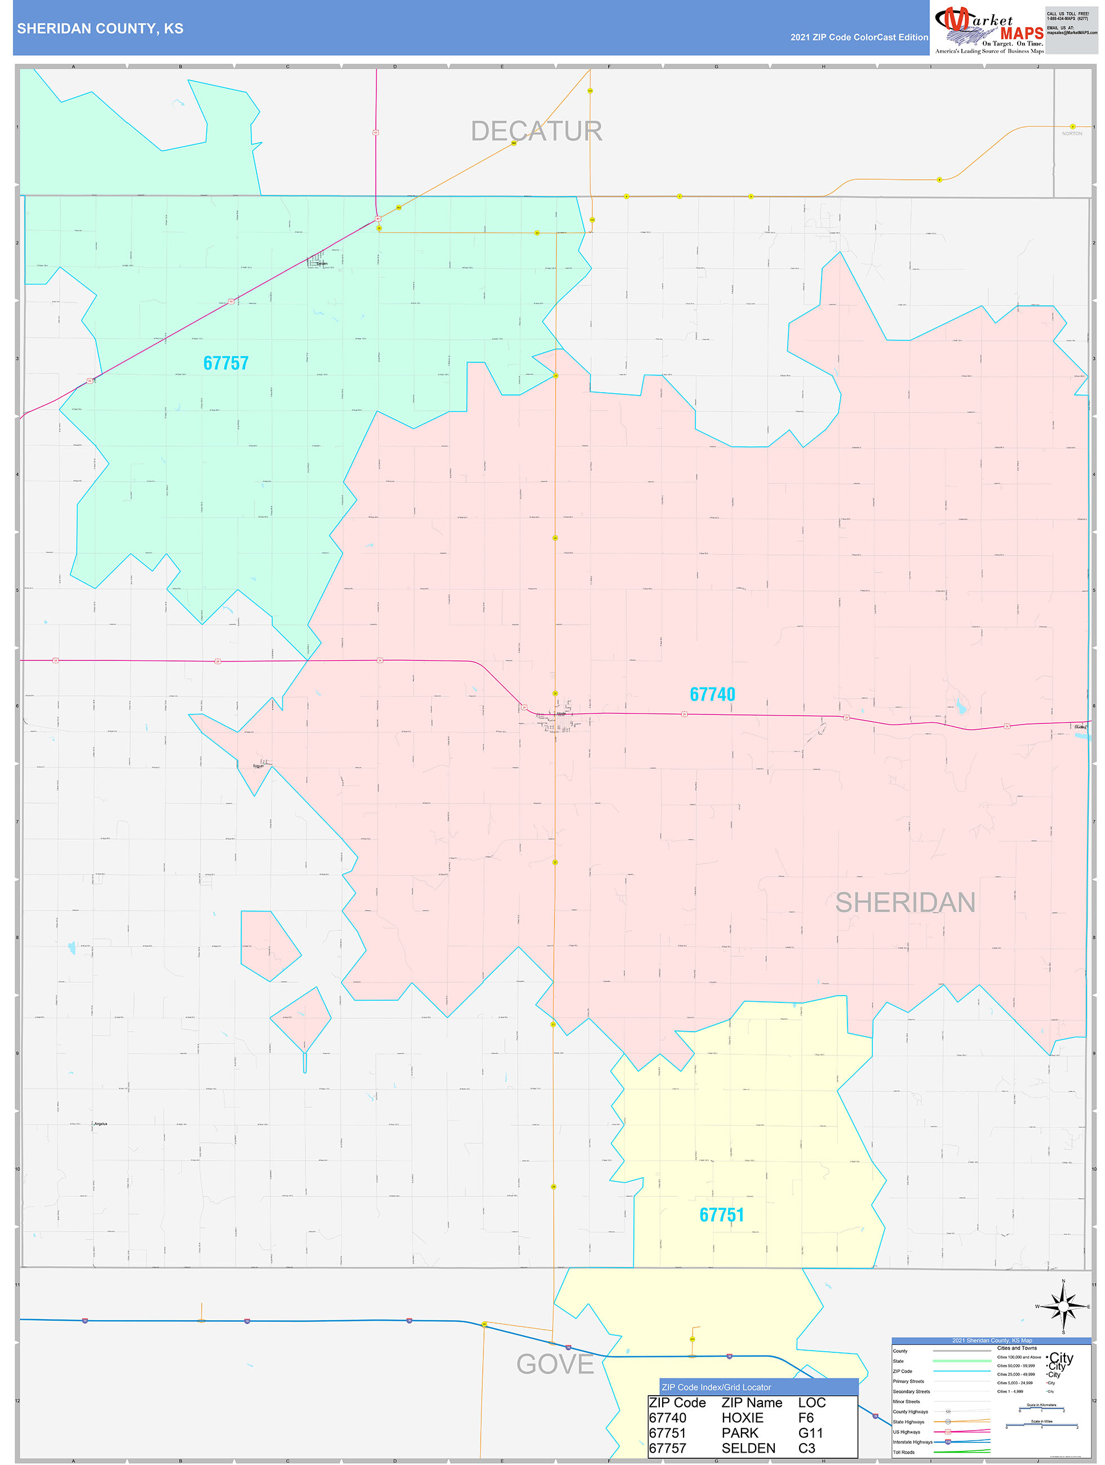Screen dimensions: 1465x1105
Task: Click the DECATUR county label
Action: click(x=536, y=131)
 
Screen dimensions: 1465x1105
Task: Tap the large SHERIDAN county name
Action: click(x=905, y=903)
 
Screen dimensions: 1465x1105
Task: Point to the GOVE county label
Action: click(x=554, y=1364)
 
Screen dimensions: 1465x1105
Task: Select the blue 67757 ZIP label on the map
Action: click(x=226, y=363)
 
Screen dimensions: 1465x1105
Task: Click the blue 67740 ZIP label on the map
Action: click(x=712, y=694)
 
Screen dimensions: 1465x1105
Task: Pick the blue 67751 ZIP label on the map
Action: click(x=721, y=1215)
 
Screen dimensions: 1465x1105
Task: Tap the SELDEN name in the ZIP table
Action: click(x=748, y=1449)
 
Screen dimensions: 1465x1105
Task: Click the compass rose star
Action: click(x=1063, y=1307)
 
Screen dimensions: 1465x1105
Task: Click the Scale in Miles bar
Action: click(x=1041, y=1424)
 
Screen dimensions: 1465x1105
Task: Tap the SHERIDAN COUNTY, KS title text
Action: click(x=100, y=29)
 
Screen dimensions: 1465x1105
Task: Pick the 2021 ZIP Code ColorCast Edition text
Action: click(x=859, y=37)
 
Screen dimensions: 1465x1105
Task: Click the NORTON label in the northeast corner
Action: click(x=1071, y=134)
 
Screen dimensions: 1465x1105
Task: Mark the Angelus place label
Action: click(x=100, y=1124)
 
